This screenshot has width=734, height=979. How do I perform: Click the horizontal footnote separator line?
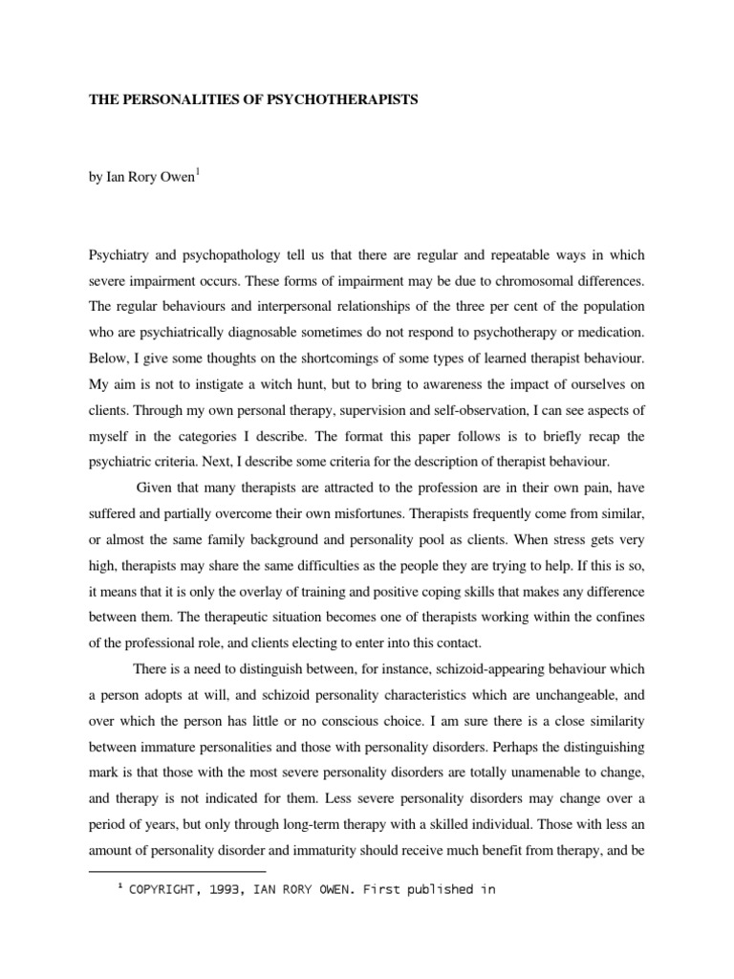177,872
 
